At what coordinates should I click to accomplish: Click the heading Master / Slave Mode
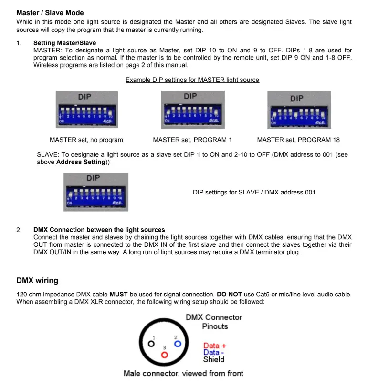pyautogui.click(x=50, y=13)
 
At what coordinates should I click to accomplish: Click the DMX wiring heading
pyautogui.click(x=37, y=280)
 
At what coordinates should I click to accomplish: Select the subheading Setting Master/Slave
pyautogui.click(x=64, y=43)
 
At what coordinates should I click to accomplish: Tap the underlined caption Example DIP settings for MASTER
pyautogui.click(x=192, y=80)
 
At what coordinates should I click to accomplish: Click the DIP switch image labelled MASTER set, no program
pyautogui.click(x=86, y=109)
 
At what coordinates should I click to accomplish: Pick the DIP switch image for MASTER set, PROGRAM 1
pyautogui.click(x=192, y=109)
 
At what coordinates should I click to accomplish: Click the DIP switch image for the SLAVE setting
pyautogui.click(x=95, y=192)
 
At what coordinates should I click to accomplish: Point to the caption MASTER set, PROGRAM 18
pyautogui.click(x=298, y=140)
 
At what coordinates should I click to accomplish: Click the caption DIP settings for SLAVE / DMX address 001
pyautogui.click(x=254, y=192)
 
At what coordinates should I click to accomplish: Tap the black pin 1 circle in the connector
pyautogui.click(x=151, y=343)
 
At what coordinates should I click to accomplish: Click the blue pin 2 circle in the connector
pyautogui.click(x=177, y=343)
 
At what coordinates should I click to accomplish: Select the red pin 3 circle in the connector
pyautogui.click(x=165, y=355)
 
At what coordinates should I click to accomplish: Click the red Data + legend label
pyautogui.click(x=215, y=346)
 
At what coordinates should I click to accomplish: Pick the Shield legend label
pyautogui.click(x=213, y=359)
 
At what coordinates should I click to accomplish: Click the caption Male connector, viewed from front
pyautogui.click(x=183, y=373)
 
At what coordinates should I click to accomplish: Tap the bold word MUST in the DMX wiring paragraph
pyautogui.click(x=118, y=294)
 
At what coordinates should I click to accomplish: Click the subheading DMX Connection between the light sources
pyautogui.click(x=99, y=230)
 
